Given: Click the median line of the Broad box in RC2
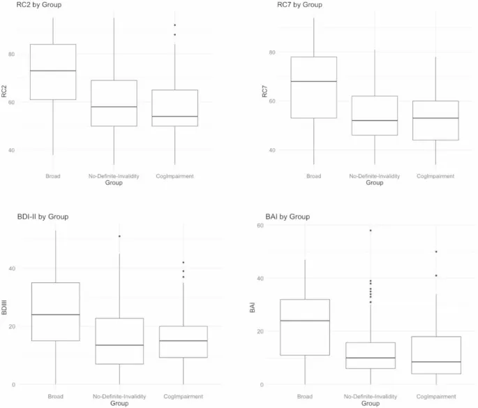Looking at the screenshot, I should coord(53,71).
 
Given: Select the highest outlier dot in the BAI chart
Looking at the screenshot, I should coord(371,230).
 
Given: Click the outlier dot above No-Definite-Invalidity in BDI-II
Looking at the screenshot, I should coord(119,236).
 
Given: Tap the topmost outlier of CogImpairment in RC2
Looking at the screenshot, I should coord(174,25).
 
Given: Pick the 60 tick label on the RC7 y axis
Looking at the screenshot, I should coord(271,101).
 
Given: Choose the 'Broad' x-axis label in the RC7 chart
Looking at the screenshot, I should coord(314,176).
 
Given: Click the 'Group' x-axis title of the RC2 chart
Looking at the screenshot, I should coord(114,183).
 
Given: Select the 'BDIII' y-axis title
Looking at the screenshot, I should coord(5,307).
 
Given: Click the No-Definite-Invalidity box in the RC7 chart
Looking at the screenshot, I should coord(375,115).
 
